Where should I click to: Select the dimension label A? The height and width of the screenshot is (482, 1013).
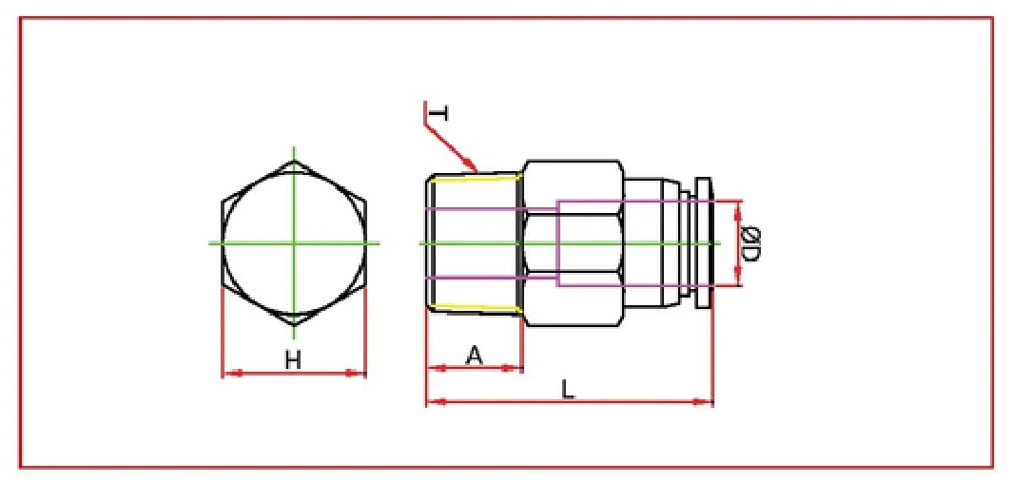coord(475,356)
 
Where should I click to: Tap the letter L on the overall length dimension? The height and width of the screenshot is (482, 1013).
coord(568,390)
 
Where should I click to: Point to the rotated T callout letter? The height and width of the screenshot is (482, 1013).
coord(437,114)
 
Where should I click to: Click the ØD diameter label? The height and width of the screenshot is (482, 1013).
coord(750,242)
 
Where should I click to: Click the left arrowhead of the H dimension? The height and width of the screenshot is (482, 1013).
coord(228,374)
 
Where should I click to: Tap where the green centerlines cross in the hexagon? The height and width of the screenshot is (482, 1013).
coord(294,242)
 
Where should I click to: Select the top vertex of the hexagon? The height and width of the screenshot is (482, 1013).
coord(294,161)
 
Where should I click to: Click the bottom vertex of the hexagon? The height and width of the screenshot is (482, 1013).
coord(294,325)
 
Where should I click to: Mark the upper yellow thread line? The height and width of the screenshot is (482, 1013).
coord(473,176)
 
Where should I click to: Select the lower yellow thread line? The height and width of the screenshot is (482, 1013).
coord(473,308)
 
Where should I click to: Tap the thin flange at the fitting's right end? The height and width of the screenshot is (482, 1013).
coord(703,242)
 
